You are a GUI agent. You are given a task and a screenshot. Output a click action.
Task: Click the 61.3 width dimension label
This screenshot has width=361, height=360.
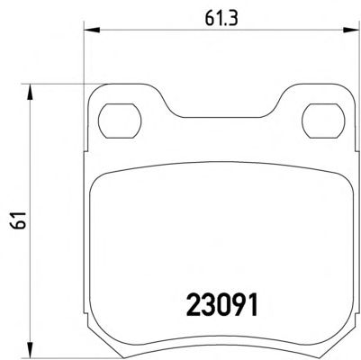click(x=221, y=19)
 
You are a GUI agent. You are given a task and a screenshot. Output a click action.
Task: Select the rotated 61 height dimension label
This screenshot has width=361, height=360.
click(x=21, y=220)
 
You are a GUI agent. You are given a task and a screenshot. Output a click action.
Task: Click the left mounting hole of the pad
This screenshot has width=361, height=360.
click(x=120, y=121)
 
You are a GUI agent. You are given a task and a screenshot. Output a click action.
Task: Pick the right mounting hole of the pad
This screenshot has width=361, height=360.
click(x=323, y=121)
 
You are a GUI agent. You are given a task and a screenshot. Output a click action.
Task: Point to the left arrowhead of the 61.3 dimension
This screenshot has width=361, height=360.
click(x=91, y=30)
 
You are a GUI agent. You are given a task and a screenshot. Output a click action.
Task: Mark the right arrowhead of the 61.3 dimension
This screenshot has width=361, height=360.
click(x=351, y=30)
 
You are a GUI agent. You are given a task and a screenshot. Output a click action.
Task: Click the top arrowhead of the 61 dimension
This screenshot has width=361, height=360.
click(x=30, y=92)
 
